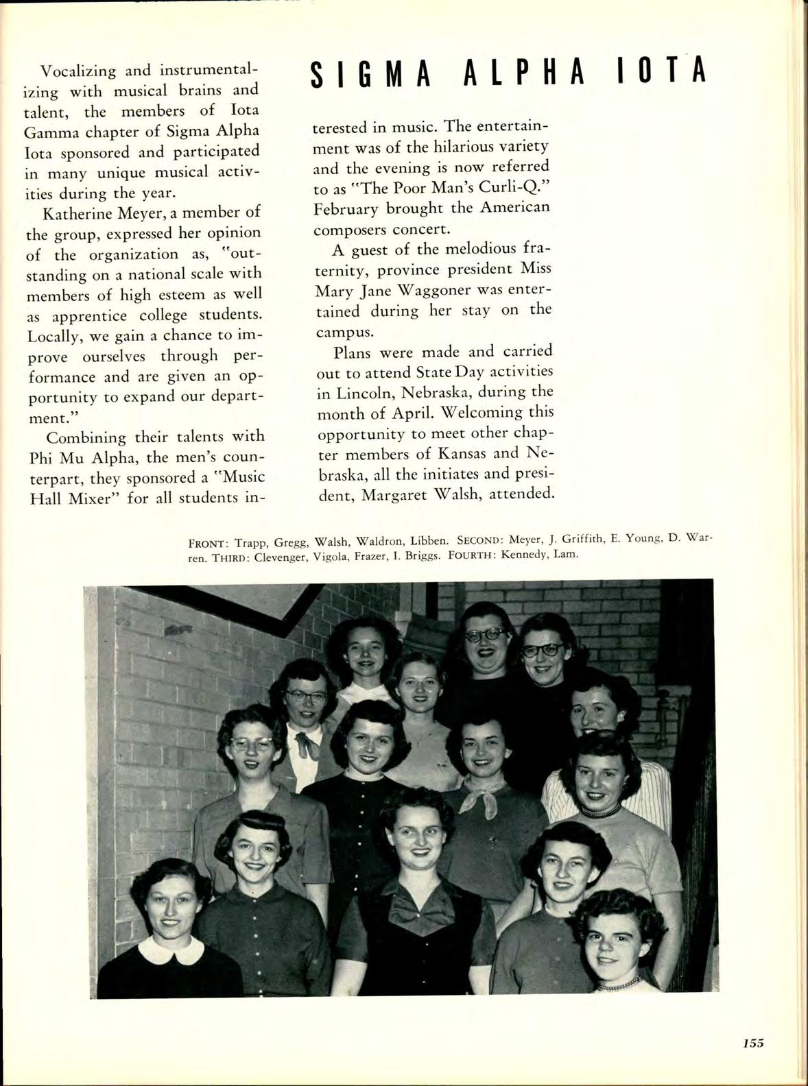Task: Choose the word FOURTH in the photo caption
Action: [471, 555]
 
